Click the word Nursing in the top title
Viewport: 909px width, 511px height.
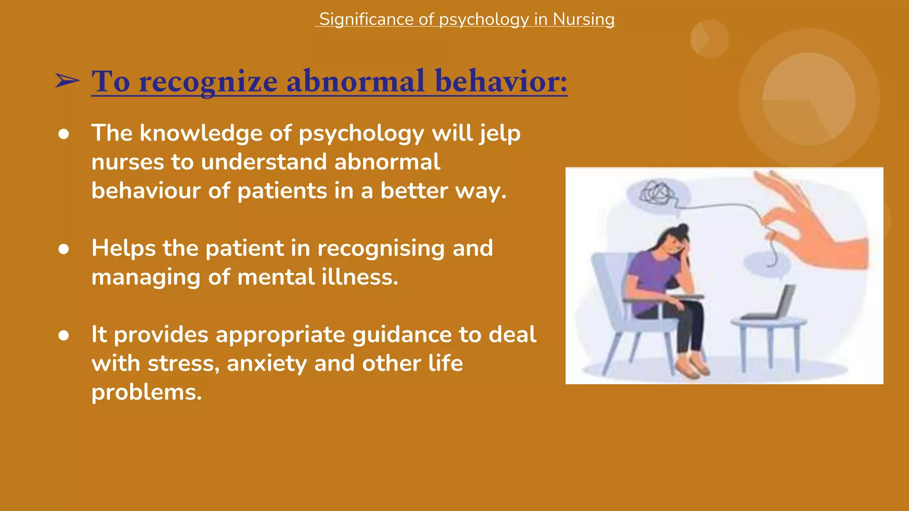click(x=584, y=20)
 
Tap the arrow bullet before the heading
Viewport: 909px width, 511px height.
click(x=67, y=81)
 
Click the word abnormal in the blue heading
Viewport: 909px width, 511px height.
click(x=356, y=82)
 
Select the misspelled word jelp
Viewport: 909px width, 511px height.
click(x=500, y=134)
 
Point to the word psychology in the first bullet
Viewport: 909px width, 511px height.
click(x=361, y=134)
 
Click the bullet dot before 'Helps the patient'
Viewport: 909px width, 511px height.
click(x=63, y=249)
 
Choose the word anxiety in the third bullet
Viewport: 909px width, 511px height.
click(x=267, y=363)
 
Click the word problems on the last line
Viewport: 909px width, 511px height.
click(x=146, y=392)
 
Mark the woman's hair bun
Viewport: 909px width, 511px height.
click(x=683, y=228)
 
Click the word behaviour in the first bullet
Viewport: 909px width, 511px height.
click(x=146, y=191)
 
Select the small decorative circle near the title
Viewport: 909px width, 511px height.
click(x=709, y=39)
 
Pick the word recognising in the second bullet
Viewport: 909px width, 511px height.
click(x=381, y=248)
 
